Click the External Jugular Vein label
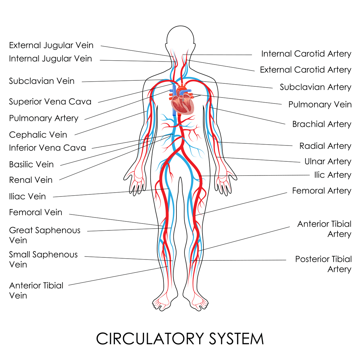pos(51,45)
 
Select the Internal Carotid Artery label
pos(306,54)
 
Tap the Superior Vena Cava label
pos(50,102)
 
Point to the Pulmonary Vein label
pos(320,104)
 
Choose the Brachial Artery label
pos(322,124)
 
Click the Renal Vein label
pos(31,180)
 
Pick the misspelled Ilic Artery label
pos(332,175)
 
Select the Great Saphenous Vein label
pos(45,235)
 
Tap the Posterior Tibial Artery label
pos(323,264)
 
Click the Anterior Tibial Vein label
pos(36,290)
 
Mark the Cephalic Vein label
pos(38,135)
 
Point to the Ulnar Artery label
pos(328,161)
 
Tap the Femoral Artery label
pos(322,191)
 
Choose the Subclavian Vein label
pos(42,81)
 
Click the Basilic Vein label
pos(31,164)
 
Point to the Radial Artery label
pos(325,146)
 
